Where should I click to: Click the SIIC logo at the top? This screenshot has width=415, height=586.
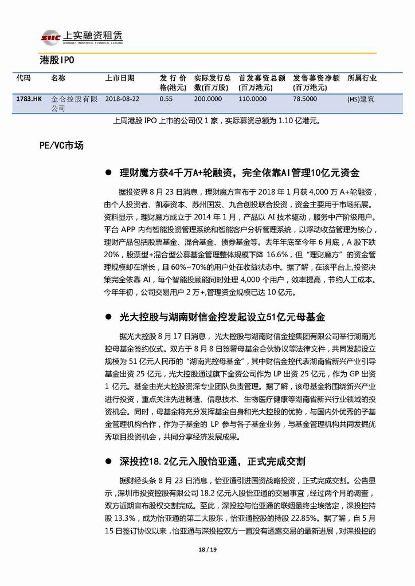[x=52, y=37]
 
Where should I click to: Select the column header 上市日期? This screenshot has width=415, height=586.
[x=120, y=78]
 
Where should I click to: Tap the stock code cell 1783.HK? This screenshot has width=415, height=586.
[x=29, y=99]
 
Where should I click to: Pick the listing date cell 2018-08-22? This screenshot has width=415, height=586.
[x=123, y=99]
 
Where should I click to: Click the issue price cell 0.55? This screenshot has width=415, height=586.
[x=166, y=99]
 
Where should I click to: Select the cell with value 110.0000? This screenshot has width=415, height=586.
[x=252, y=99]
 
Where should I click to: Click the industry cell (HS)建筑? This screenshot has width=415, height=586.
[x=361, y=99]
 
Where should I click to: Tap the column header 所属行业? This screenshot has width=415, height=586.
[x=362, y=78]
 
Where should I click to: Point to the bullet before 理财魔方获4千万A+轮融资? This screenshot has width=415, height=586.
[x=107, y=172]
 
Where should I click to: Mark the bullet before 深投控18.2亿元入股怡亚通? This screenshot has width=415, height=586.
[x=107, y=461]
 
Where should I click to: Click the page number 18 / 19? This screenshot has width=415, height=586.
[x=207, y=551]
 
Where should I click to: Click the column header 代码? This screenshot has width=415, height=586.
[x=24, y=78]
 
